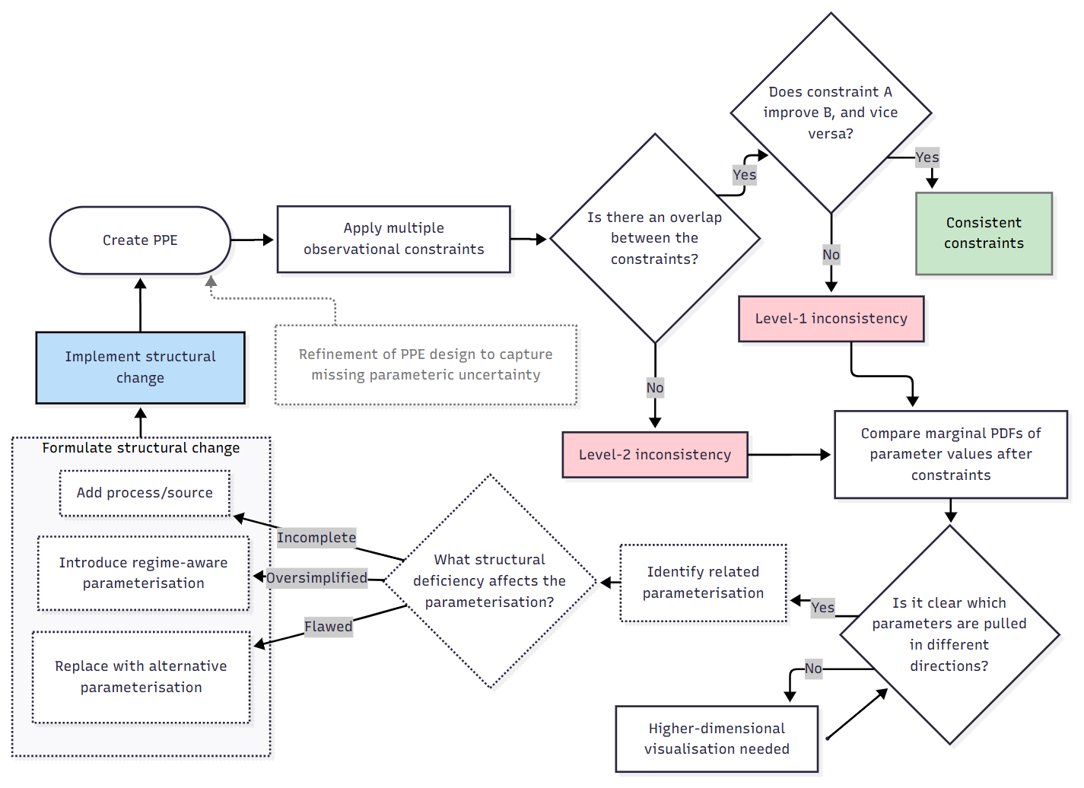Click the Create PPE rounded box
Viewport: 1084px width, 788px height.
[140, 240]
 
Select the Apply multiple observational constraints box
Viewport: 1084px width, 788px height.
[393, 239]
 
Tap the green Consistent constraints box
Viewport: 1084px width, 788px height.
[984, 234]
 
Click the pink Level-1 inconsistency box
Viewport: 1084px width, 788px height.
[831, 319]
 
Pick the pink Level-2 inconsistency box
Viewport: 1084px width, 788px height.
[654, 455]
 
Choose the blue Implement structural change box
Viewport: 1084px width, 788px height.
[140, 367]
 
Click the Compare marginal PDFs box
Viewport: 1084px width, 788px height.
[950, 454]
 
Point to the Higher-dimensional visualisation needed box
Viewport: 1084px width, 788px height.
[716, 739]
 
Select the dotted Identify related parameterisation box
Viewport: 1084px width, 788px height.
[703, 583]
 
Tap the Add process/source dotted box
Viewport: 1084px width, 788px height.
[145, 493]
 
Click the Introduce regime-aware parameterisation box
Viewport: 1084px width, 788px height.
[143, 573]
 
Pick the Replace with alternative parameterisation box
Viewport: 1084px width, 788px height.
[141, 676]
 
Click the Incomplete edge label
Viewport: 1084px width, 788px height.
[316, 538]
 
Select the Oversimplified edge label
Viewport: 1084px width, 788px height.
[316, 578]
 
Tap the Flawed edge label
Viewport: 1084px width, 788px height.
[328, 627]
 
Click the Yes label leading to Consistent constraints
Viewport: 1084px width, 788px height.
[927, 157]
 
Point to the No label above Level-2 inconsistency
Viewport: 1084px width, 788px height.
[654, 388]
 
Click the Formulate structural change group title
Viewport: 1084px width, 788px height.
[141, 448]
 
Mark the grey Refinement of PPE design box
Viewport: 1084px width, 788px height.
[425, 365]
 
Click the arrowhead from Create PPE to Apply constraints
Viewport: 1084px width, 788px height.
[268, 240]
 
